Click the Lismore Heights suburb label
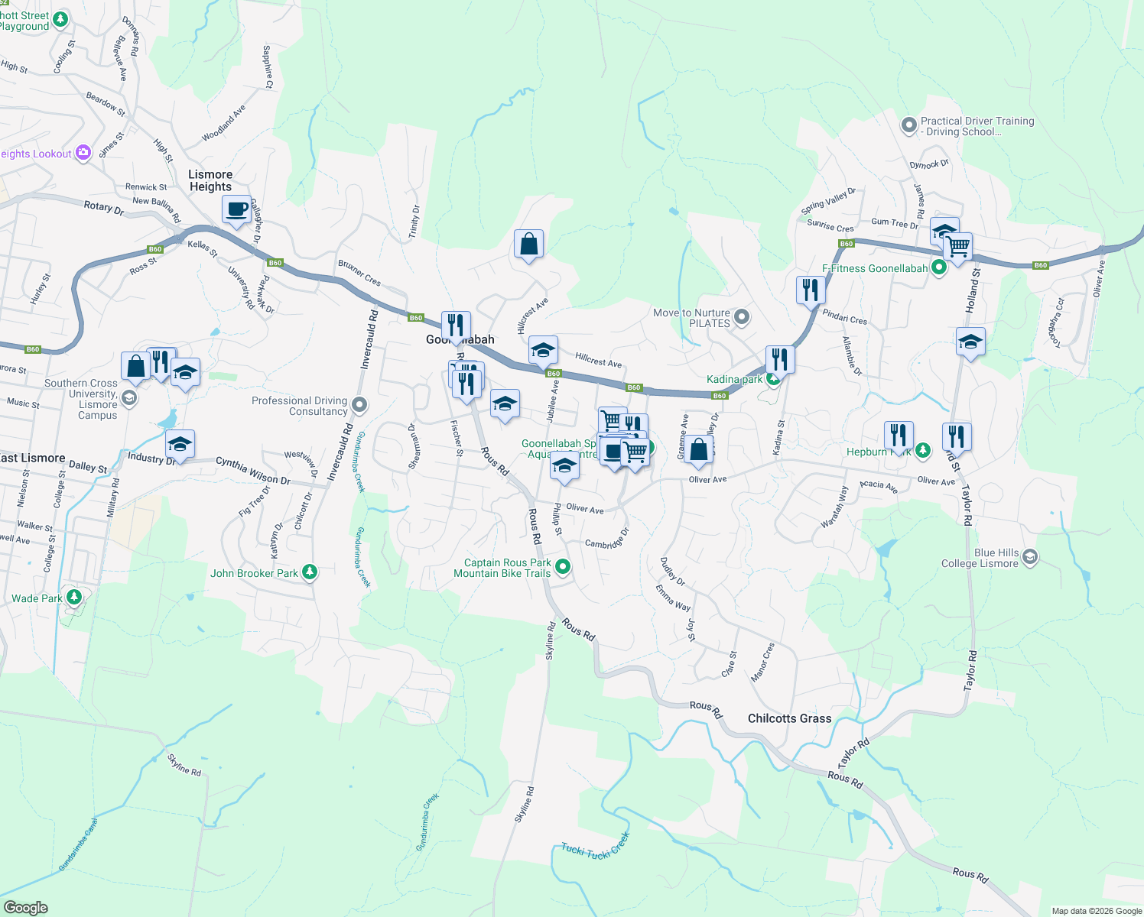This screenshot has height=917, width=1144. (x=210, y=180)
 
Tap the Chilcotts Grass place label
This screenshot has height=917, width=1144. (x=789, y=718)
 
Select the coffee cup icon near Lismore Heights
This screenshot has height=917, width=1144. (x=237, y=209)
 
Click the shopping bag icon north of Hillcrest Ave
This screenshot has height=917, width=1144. (x=528, y=245)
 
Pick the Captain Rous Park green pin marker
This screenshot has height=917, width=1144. (x=563, y=567)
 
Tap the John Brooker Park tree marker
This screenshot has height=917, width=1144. (x=309, y=572)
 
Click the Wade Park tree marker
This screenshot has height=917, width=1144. (x=74, y=597)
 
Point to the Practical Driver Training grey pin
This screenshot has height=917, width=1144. (x=908, y=125)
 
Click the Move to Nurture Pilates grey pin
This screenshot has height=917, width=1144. (x=741, y=316)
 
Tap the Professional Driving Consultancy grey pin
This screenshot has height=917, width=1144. (x=360, y=404)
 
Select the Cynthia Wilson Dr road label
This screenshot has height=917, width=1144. (x=252, y=470)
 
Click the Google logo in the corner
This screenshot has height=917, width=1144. (x=25, y=907)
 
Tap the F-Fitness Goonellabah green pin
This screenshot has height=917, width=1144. (x=938, y=267)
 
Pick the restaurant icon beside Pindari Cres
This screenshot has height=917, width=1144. (x=810, y=290)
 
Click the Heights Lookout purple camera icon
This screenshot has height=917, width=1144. (x=83, y=153)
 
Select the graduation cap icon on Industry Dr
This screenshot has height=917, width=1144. (x=180, y=444)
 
